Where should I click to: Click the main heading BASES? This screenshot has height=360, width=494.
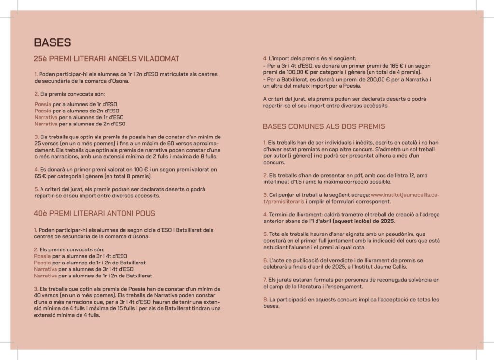pyautogui.click(x=53, y=42)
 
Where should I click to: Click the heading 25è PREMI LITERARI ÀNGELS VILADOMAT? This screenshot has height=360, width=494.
pyautogui.click(x=107, y=59)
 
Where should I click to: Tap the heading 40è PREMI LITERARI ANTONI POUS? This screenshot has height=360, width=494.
pyautogui.click(x=95, y=213)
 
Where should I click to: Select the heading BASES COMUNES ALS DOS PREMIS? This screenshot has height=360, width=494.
pyautogui.click(x=324, y=126)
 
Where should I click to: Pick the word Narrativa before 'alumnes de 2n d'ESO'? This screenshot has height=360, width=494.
pyautogui.click(x=46, y=124)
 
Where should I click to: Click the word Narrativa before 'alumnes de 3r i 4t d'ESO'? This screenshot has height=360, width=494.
pyautogui.click(x=46, y=269)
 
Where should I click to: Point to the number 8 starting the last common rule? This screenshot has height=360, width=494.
pyautogui.click(x=265, y=299)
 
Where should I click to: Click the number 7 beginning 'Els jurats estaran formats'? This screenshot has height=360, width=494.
pyautogui.click(x=265, y=280)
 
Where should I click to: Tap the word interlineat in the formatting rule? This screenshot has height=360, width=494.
pyautogui.click(x=278, y=181)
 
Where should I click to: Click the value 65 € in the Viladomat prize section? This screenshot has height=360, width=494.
pyautogui.click(x=40, y=177)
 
